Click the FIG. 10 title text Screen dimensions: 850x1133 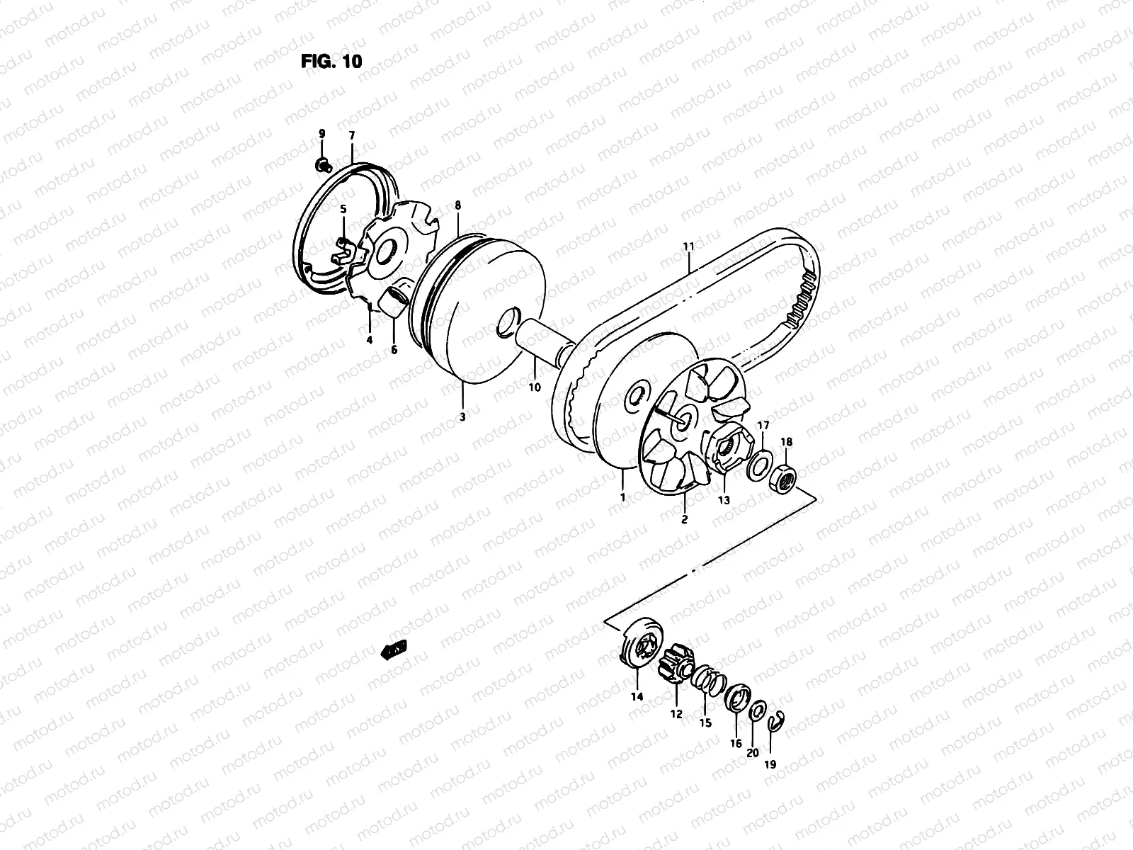pyautogui.click(x=331, y=61)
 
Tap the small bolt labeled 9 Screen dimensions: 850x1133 pyautogui.click(x=323, y=166)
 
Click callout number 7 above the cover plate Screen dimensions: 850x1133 pyautogui.click(x=352, y=135)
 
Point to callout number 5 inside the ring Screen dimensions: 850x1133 pyautogui.click(x=343, y=210)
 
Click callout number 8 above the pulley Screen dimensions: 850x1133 pyautogui.click(x=457, y=205)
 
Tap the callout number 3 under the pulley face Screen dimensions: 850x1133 pyautogui.click(x=462, y=417)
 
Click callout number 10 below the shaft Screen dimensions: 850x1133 pyautogui.click(x=534, y=387)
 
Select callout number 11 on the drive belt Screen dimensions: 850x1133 pyautogui.click(x=688, y=246)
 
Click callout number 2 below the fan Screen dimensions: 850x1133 pyautogui.click(x=684, y=519)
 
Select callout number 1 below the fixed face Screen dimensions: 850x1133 pyautogui.click(x=622, y=497)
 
